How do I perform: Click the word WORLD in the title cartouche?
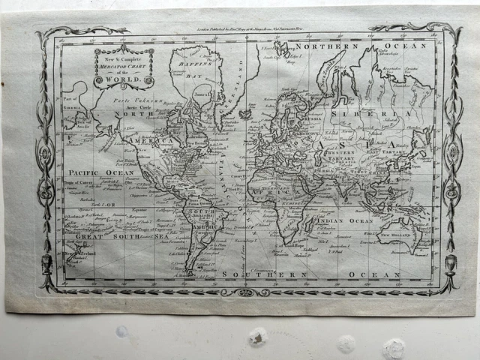[x=124, y=79]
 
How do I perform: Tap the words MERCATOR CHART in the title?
[x=124, y=66]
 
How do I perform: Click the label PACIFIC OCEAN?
[x=93, y=172]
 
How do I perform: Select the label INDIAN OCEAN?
[x=344, y=221]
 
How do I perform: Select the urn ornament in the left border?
[x=46, y=264]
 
